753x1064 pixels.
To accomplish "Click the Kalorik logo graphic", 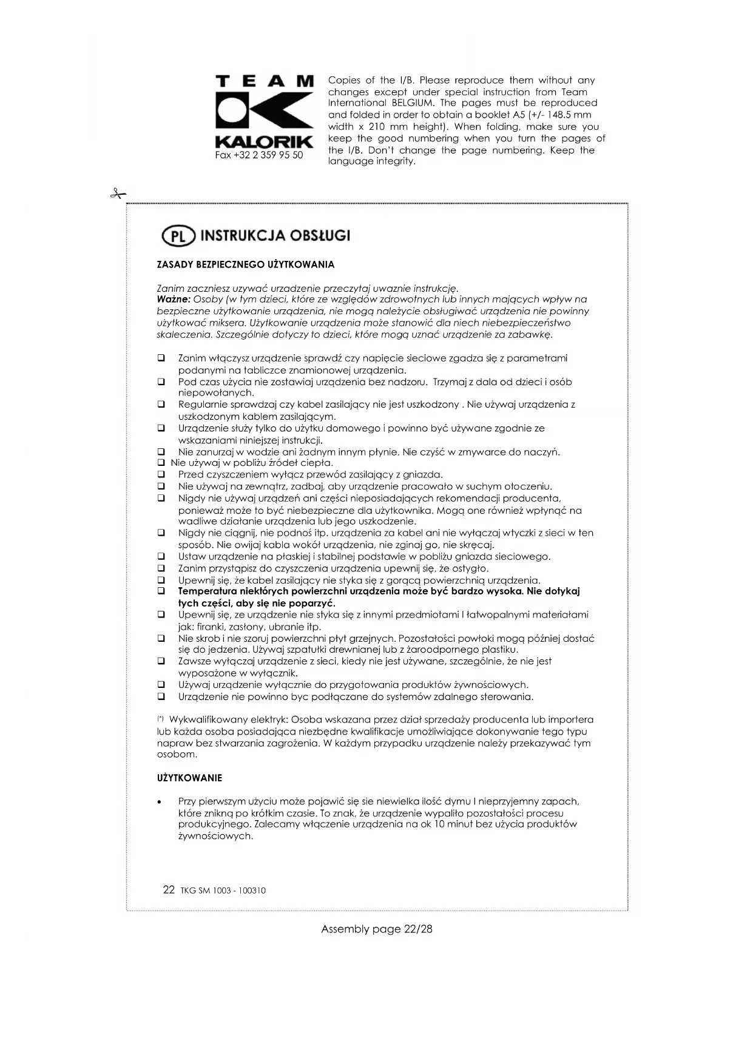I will (265, 113).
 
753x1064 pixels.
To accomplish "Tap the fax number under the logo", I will (259, 155).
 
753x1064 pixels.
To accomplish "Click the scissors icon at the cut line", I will (118, 194).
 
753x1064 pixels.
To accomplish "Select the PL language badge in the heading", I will (178, 236).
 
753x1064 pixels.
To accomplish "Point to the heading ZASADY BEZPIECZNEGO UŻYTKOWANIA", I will (246, 264).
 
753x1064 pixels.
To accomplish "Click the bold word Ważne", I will (174, 299).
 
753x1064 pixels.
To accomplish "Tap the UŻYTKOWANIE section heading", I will (189, 778).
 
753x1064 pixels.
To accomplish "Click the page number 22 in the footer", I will (169, 890).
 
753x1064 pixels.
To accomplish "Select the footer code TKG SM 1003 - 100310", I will (223, 891).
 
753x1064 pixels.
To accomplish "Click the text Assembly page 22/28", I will (376, 929).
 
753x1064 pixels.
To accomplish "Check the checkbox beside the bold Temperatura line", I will (161, 591).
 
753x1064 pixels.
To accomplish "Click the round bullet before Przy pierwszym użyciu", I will (159, 802).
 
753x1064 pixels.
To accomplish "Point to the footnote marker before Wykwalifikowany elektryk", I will (160, 719).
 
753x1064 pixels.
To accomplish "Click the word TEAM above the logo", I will (265, 81).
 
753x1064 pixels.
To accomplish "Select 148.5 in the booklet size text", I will (559, 115).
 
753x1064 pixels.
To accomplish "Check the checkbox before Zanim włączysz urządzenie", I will (161, 359).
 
